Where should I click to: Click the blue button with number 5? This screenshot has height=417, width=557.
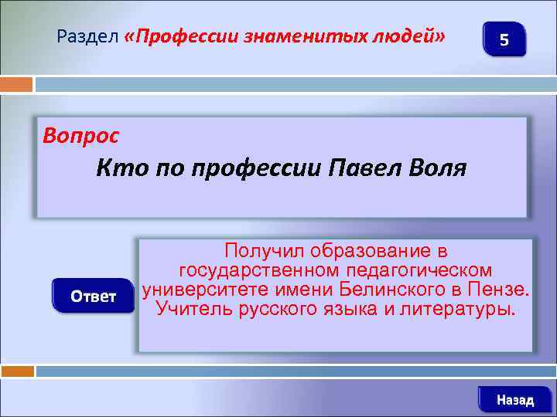[504, 39]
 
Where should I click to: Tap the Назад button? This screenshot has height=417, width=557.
[514, 400]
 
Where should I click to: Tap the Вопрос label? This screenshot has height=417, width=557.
[81, 137]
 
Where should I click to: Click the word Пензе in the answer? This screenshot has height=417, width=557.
[504, 290]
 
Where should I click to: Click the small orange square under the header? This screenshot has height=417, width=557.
[16, 84]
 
